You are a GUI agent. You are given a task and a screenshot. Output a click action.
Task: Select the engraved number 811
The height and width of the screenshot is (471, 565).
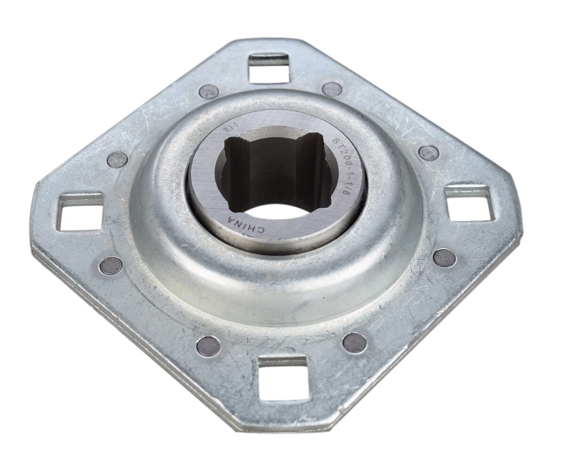point(228,129)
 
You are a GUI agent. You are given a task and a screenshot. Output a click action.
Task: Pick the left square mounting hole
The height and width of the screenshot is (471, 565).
point(80,211)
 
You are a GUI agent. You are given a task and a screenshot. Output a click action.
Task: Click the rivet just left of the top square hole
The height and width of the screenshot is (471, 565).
point(209,91)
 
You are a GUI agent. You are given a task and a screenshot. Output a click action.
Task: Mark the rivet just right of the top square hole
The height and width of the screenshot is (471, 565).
point(332,89)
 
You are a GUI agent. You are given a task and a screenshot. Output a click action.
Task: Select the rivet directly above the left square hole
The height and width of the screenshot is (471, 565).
point(117,160)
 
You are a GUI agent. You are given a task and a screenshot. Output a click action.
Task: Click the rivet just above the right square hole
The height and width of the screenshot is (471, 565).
point(428,153)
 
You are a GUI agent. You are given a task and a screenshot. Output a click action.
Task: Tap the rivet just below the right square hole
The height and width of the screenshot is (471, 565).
point(444,258)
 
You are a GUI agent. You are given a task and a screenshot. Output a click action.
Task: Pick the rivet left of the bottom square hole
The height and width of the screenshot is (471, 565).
point(208,346)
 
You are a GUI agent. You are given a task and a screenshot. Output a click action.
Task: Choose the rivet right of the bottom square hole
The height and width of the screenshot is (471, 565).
point(355,342)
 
